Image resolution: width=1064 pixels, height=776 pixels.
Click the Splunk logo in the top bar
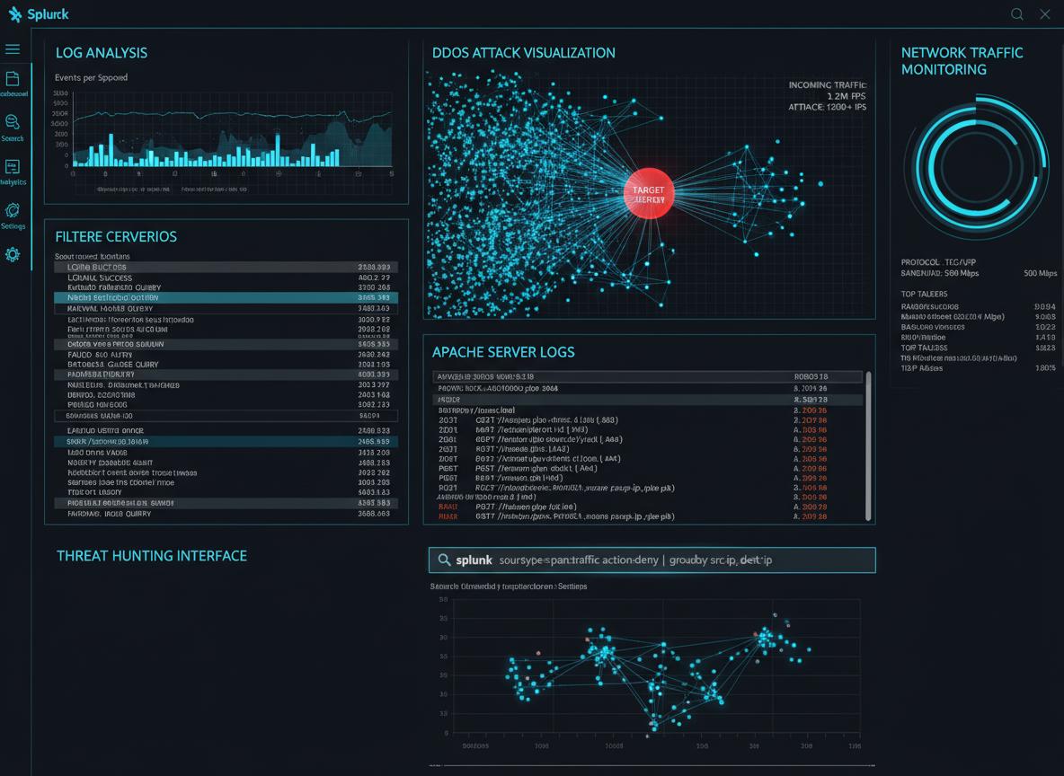39,14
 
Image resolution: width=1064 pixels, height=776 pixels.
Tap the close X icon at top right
1044,14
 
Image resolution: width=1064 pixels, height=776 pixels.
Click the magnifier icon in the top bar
1017,14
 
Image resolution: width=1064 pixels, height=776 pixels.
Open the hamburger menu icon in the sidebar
13,48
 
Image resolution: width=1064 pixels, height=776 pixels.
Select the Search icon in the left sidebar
13,122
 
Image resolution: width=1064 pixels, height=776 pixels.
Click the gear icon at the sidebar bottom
13,255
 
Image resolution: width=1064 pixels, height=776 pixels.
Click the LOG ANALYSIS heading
102,53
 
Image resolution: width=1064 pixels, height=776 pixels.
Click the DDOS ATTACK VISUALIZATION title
524,53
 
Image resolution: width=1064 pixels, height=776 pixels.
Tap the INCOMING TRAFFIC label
827,85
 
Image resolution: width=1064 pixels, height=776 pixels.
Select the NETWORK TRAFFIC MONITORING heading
962,61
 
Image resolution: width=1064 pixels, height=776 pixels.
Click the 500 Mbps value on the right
1040,273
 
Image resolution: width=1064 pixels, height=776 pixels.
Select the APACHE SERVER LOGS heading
503,352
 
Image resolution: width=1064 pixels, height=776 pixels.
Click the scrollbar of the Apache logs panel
868,445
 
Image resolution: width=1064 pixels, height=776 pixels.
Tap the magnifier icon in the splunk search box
444,560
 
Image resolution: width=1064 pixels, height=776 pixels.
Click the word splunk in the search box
474,560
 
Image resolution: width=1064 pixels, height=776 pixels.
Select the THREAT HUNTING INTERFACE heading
152,556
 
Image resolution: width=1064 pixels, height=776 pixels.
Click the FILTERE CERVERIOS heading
116,237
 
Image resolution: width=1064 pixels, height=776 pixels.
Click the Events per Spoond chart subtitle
91,78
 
